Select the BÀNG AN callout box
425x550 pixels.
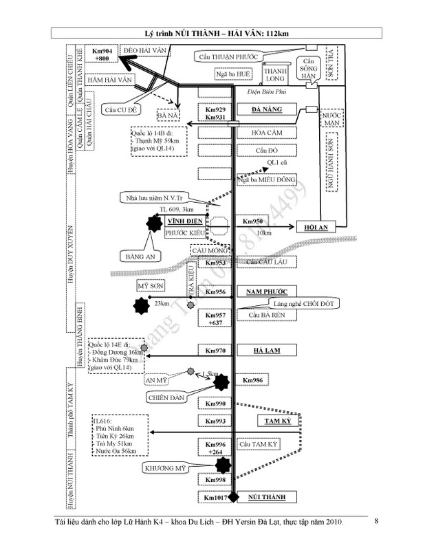click(142, 256)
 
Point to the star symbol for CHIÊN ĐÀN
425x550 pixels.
click(220, 381)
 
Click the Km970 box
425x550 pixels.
click(215, 351)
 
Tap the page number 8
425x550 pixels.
click(376, 522)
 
